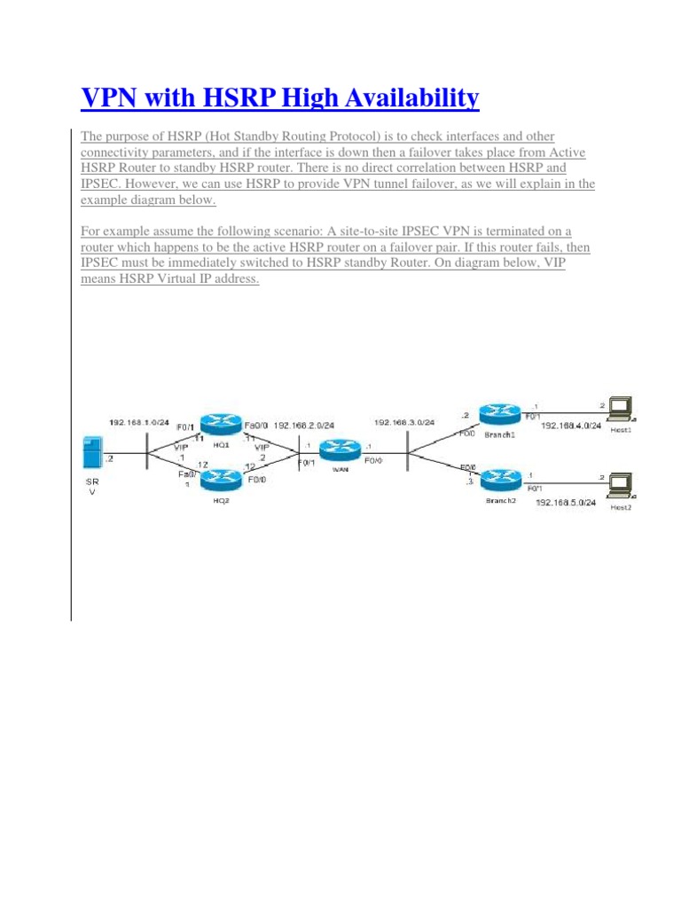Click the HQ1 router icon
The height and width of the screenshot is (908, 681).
tap(215, 425)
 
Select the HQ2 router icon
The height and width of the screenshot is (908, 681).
tap(217, 480)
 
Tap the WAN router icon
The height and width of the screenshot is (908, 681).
tap(337, 450)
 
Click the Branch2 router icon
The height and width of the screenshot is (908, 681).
tap(497, 480)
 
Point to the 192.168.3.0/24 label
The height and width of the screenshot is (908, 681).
tap(404, 423)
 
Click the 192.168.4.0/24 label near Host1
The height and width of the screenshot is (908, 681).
tap(570, 426)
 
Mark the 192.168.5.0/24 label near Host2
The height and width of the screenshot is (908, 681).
tap(567, 503)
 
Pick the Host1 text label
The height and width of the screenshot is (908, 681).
tap(620, 429)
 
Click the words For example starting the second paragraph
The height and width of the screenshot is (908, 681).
tap(113, 231)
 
